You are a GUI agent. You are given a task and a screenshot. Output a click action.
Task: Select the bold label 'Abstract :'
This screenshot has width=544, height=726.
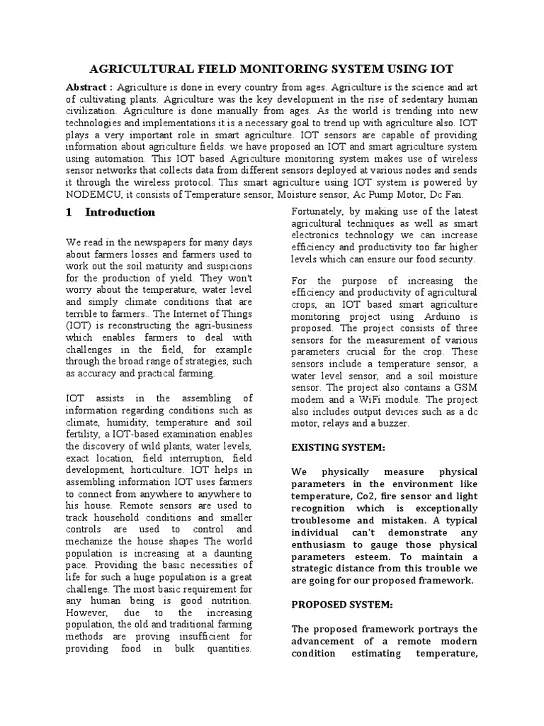[90, 86]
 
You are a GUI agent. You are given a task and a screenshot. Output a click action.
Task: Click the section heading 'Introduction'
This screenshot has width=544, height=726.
[120, 212]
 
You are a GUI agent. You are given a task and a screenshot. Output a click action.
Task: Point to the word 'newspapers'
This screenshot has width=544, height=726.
[156, 242]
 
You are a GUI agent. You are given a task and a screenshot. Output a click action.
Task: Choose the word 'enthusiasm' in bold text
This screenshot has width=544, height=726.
[324, 544]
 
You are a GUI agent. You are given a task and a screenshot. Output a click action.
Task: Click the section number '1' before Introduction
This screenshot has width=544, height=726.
[69, 212]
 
